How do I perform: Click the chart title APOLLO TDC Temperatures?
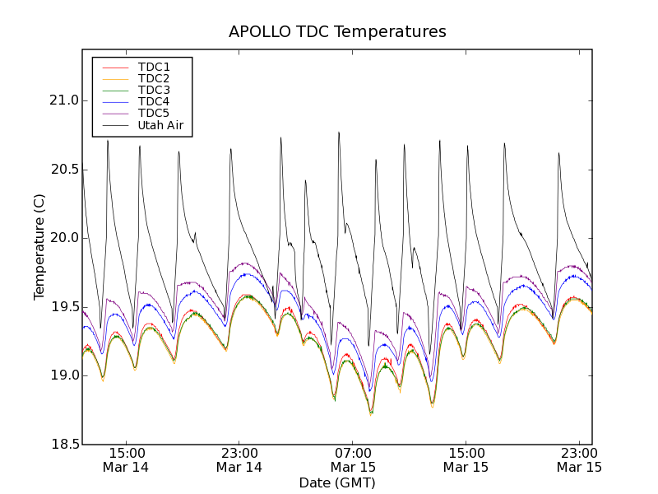337,32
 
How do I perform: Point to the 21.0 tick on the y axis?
63,100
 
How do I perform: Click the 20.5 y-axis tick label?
63,170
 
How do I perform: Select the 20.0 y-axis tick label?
63,238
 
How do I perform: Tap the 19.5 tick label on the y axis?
63,307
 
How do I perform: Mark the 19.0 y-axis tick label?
63,375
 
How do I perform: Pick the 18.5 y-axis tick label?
63,445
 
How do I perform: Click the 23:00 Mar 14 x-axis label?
239,459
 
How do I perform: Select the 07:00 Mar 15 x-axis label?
353,459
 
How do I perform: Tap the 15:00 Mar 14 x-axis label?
126,459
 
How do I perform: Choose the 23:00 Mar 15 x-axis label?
579,459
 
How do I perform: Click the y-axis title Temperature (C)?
39,247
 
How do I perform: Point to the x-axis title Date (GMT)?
337,482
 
